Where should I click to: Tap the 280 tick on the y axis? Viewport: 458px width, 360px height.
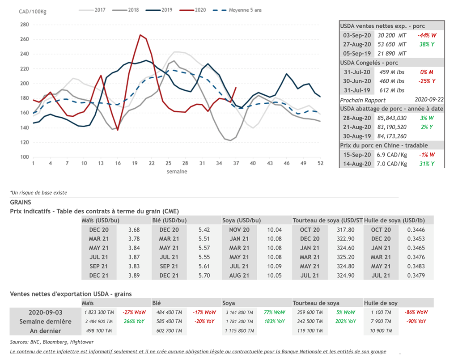(x=24, y=25)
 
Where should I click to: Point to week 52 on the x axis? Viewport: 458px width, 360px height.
(x=320, y=163)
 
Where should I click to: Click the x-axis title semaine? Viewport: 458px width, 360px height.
(x=177, y=171)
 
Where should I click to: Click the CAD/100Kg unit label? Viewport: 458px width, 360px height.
(x=33, y=11)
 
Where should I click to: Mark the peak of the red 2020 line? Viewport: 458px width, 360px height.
(x=140, y=35)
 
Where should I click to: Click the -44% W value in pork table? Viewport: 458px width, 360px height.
(x=427, y=35)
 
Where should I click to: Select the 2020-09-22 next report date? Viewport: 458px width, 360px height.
(x=428, y=100)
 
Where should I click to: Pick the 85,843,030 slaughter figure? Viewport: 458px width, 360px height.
(x=392, y=118)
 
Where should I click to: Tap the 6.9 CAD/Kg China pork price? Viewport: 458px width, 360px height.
(x=392, y=155)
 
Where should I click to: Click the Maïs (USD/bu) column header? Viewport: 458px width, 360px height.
(x=100, y=220)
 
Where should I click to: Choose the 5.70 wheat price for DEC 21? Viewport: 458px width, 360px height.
(x=204, y=275)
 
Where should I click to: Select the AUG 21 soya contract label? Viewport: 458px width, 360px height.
(x=239, y=275)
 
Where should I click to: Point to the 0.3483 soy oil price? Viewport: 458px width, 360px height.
(x=416, y=266)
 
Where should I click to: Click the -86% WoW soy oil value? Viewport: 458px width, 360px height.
(x=416, y=312)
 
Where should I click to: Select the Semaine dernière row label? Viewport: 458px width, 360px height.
(x=45, y=322)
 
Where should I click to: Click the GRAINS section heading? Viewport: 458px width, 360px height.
(x=21, y=202)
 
